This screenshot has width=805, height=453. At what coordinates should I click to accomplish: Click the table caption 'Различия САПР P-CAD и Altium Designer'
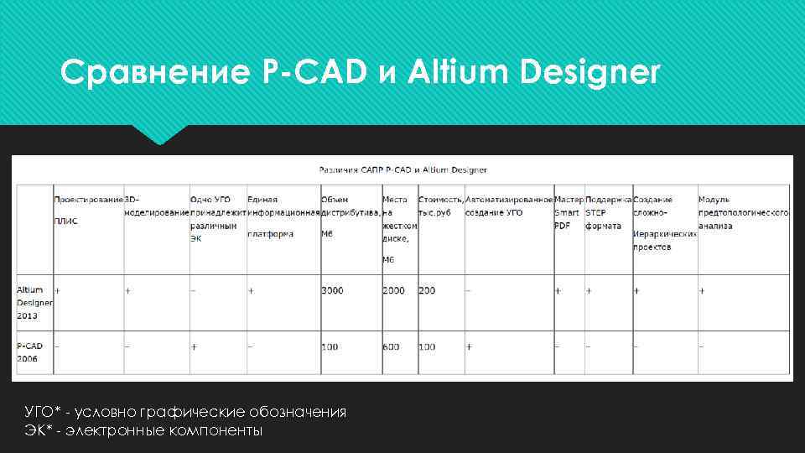click(402, 169)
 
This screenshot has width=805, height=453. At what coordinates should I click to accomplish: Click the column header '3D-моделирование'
click(156, 206)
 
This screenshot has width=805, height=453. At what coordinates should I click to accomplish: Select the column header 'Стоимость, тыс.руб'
click(440, 206)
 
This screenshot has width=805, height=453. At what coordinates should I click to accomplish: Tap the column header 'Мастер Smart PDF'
click(568, 213)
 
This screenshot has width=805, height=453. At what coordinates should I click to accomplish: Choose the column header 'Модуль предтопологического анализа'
click(743, 213)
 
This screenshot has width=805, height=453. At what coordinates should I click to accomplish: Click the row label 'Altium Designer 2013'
click(34, 302)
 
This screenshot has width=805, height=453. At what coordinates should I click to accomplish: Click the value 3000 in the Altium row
click(332, 290)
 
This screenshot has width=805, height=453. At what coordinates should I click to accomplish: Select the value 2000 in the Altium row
click(393, 290)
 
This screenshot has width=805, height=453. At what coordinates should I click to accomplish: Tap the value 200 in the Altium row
click(427, 290)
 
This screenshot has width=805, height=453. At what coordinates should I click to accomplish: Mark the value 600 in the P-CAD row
click(390, 346)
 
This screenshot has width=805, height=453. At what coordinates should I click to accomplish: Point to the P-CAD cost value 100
click(427, 346)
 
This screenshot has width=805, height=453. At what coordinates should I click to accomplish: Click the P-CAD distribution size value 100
click(329, 346)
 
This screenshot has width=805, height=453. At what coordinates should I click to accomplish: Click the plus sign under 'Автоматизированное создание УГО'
click(470, 346)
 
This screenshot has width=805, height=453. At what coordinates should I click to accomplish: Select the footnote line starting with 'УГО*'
click(185, 412)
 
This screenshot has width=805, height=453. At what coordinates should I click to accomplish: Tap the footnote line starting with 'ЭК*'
click(144, 430)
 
